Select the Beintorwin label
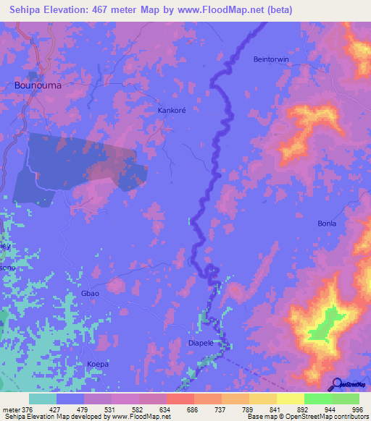coord(272,59)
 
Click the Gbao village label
coord(90,293)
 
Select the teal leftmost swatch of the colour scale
coord(43,399)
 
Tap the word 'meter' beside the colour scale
coord(10,408)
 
